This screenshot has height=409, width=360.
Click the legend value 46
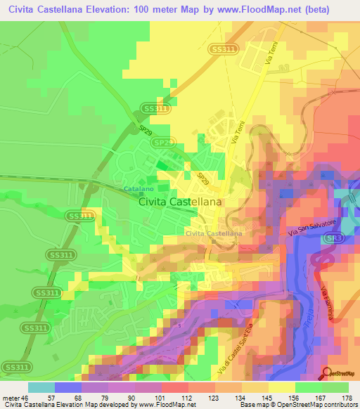(30, 397)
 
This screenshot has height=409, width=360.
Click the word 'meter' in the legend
(12, 397)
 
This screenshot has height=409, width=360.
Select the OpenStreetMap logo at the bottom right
(337, 375)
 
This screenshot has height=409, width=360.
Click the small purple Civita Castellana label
(214, 233)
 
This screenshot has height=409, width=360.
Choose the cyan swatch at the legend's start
(41, 387)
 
